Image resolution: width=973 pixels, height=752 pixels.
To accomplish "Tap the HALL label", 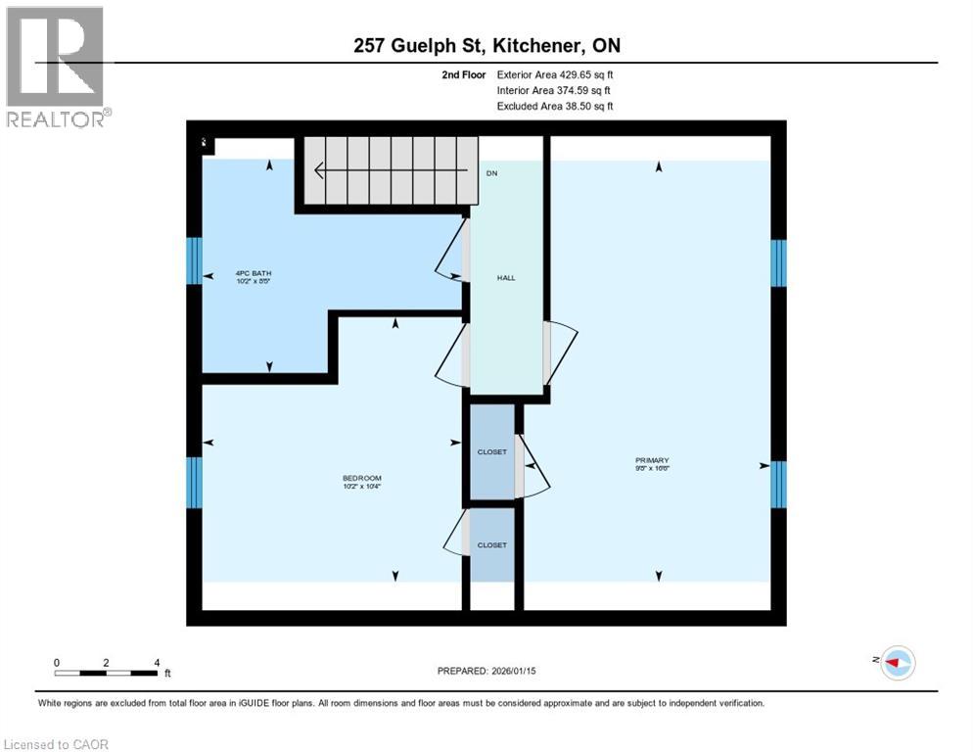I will [x=506, y=278].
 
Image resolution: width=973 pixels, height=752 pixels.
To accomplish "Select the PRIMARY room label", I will [x=651, y=460].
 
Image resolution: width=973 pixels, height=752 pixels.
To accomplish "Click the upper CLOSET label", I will [x=491, y=451].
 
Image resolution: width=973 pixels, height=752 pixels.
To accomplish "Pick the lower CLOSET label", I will [x=491, y=544].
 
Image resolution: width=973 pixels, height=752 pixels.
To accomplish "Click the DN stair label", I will [x=492, y=172].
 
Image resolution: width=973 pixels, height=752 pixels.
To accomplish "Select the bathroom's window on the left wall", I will [x=195, y=260].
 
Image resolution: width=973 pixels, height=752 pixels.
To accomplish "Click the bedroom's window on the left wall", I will [x=195, y=482].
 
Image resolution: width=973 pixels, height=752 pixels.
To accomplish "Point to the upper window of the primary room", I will [x=778, y=262].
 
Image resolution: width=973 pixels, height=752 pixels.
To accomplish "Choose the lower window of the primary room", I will [x=778, y=484].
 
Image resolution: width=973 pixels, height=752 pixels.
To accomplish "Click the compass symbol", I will [x=897, y=662].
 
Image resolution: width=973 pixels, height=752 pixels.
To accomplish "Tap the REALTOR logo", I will [x=57, y=67].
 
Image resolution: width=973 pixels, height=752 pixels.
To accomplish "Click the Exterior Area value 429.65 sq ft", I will [x=584, y=74].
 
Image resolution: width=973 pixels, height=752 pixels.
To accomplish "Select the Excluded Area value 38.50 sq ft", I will [x=584, y=106].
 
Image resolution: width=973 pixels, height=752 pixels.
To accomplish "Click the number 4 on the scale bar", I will [x=157, y=663].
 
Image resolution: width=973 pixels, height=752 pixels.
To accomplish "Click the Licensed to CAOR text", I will [x=57, y=744].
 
